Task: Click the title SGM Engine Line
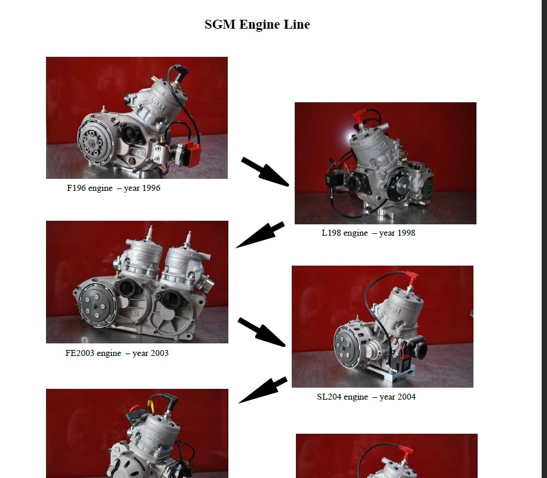pos(257,25)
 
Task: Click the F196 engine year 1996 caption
pos(114,188)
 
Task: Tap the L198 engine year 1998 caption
pos(368,233)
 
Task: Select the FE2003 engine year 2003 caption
pos(117,353)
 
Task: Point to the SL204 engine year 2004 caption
pos(366,397)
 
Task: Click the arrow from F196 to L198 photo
pos(265,172)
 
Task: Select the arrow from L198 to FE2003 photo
pos(260,235)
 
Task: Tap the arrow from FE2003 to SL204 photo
pos(262,332)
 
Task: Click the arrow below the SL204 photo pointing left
pos(262,390)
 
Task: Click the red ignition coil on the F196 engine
pos(191,154)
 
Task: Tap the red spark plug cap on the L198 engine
pos(359,117)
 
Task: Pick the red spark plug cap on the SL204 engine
pos(412,278)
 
